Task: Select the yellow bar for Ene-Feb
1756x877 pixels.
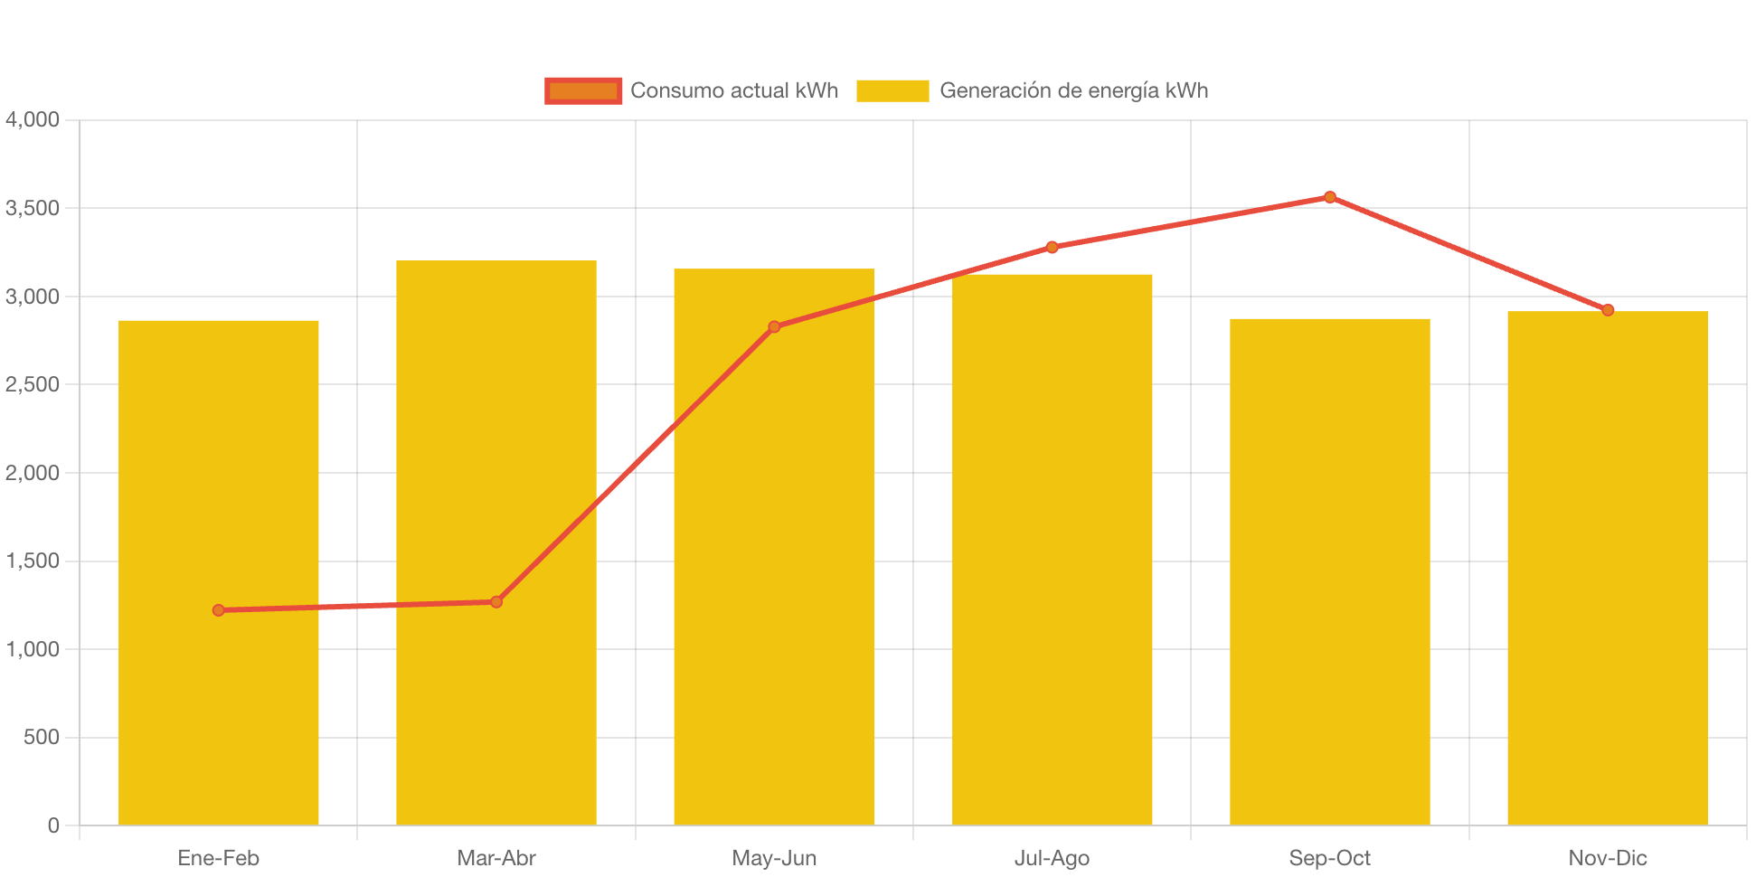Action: pos(219,705)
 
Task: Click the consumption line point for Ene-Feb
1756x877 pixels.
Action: pos(219,610)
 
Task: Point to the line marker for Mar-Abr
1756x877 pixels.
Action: pos(496,601)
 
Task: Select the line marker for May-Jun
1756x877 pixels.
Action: pos(774,326)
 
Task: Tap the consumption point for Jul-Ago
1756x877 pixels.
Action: pos(1052,247)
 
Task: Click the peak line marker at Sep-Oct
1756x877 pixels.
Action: pos(1329,197)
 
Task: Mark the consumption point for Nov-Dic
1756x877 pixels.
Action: pos(1608,310)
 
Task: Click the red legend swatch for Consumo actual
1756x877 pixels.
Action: pos(583,90)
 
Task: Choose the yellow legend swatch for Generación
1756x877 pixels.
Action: pos(892,90)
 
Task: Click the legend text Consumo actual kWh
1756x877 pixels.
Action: pos(734,90)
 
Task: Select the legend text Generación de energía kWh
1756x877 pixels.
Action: pos(1073,90)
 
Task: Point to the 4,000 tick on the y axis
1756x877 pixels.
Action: pos(33,119)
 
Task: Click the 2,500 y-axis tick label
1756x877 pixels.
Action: pos(33,384)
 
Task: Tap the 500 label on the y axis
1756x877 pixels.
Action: pos(42,737)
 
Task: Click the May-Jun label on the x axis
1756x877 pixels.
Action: pos(774,858)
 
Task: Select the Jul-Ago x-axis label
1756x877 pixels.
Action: pos(1052,858)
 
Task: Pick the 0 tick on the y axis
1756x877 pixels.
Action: pos(53,825)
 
